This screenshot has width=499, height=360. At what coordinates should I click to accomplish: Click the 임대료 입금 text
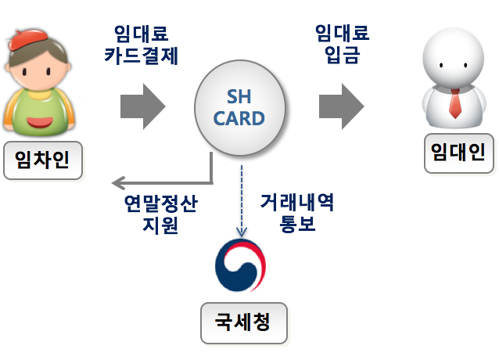(342, 45)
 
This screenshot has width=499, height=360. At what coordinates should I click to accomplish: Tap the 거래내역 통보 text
(297, 214)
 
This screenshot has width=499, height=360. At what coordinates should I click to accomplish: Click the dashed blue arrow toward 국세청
(242, 200)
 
